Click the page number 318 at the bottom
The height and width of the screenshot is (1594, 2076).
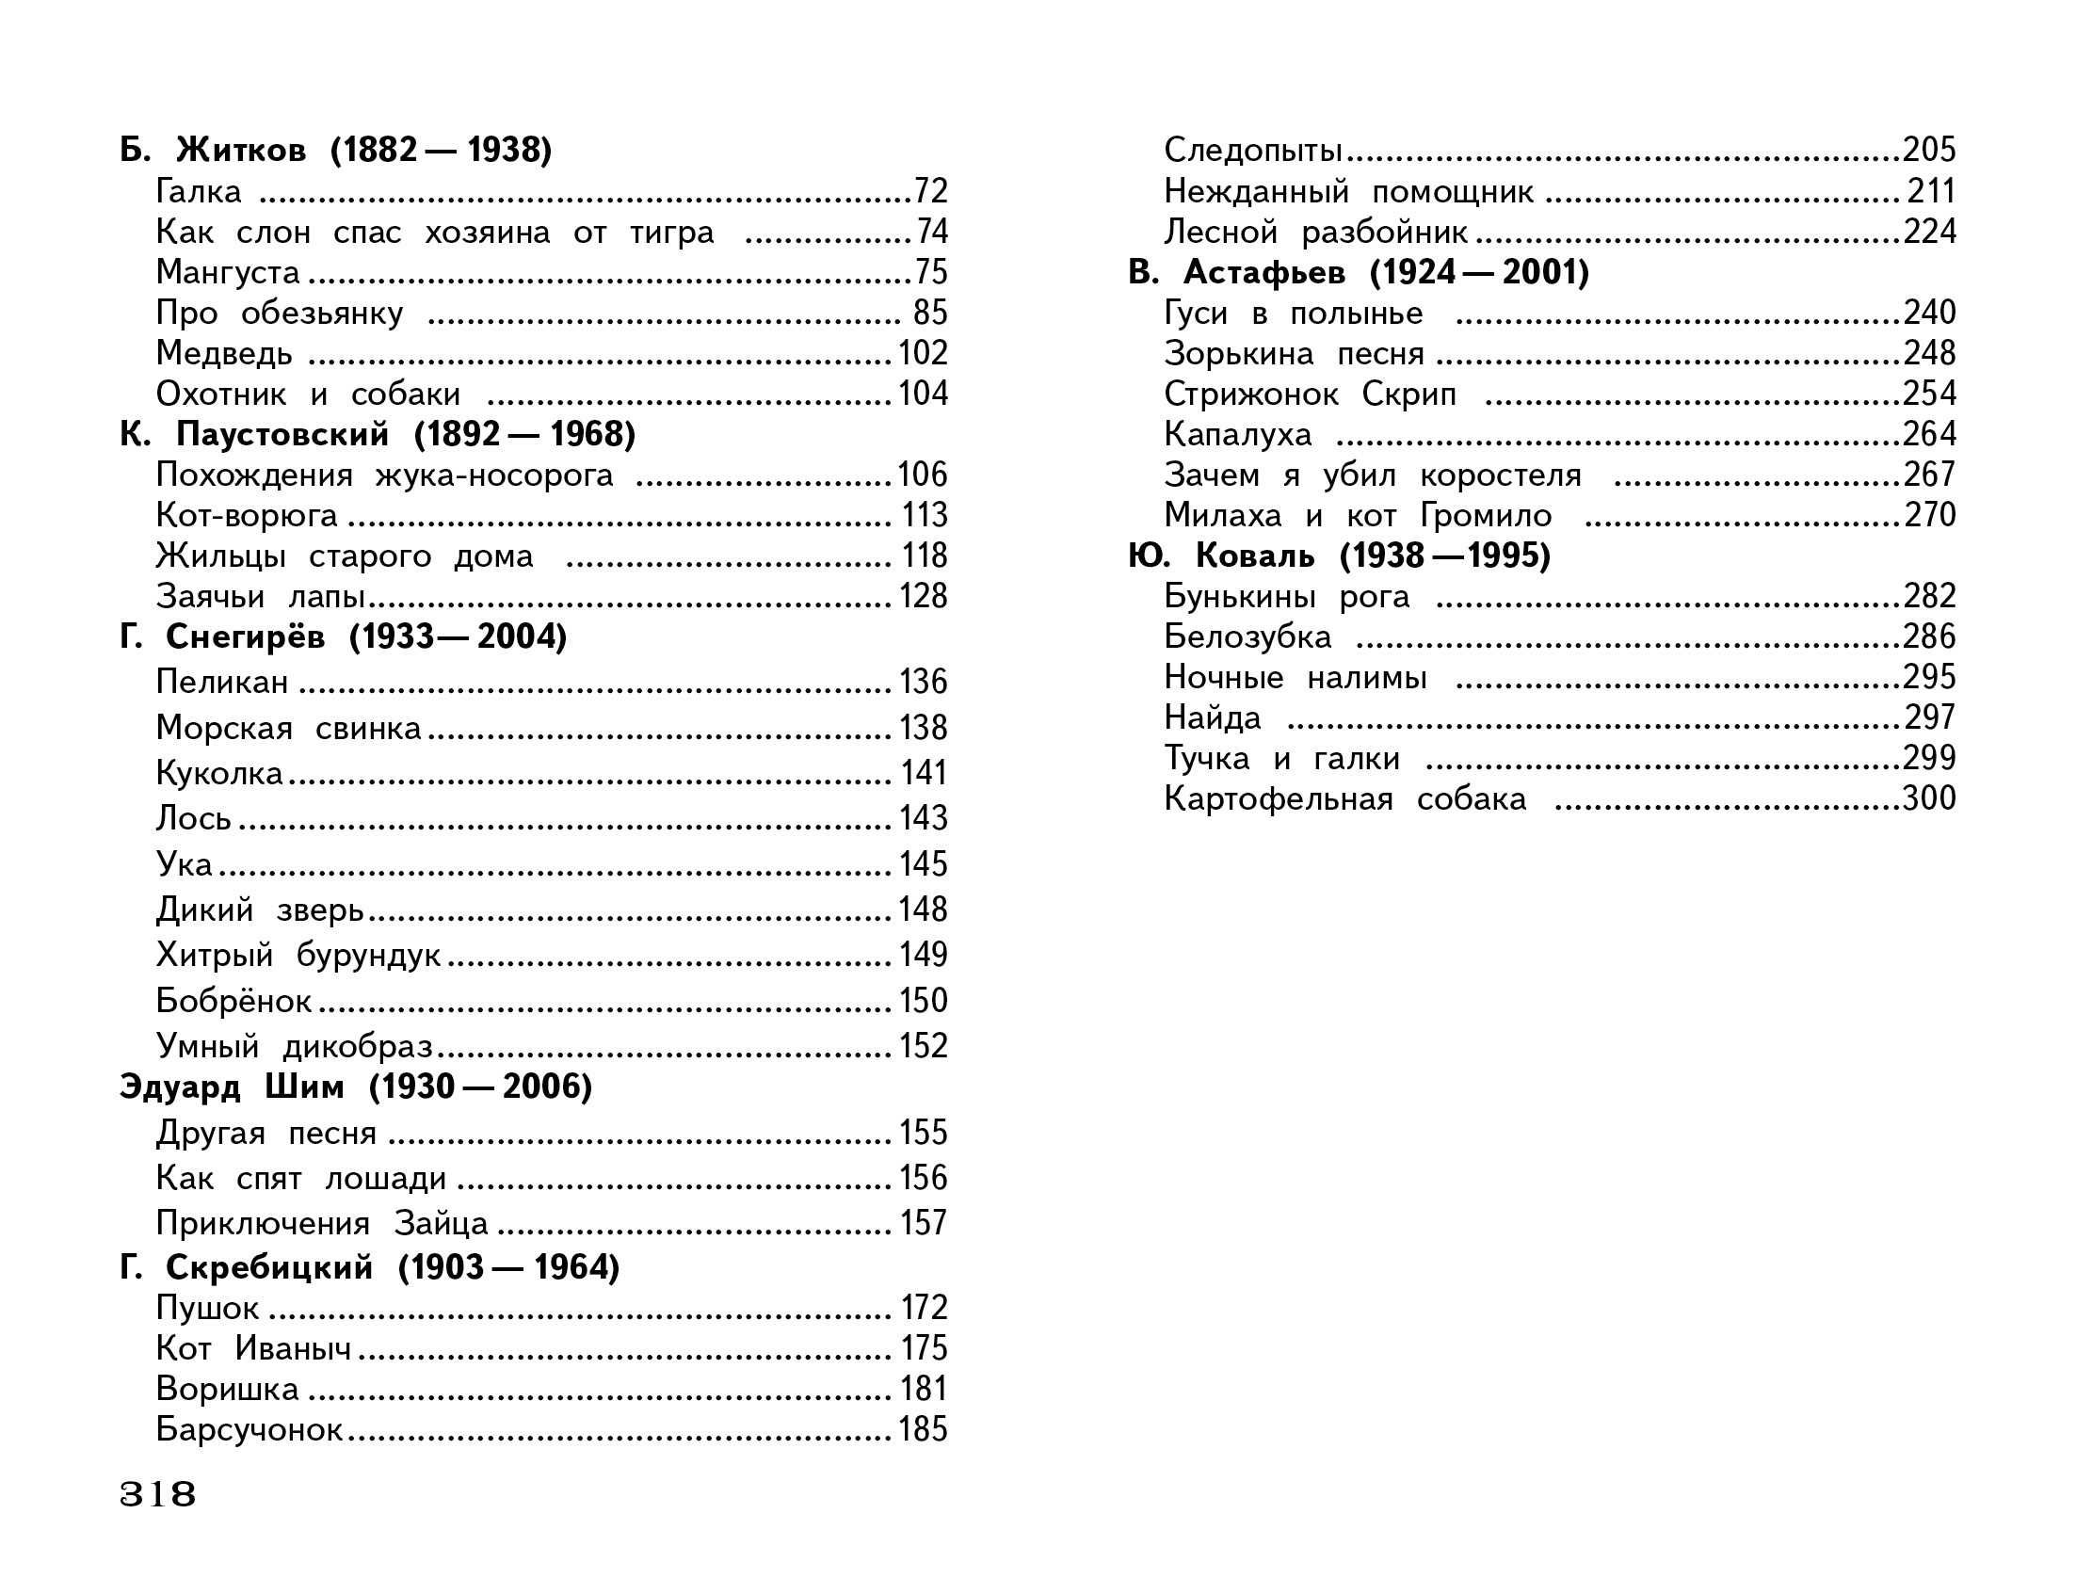[x=157, y=1494]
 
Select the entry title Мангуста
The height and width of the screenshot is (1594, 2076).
[x=228, y=272]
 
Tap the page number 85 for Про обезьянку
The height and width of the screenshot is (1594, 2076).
[x=930, y=314]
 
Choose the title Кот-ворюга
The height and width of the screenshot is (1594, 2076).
[x=247, y=515]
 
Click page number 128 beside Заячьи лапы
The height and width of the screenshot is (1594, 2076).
[x=924, y=596]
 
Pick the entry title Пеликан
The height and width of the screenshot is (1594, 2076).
[x=222, y=682]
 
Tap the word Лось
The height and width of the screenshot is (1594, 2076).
[x=194, y=818]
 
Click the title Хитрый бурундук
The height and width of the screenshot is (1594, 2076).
[x=298, y=955]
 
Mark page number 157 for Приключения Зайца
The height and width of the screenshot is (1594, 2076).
[x=924, y=1223]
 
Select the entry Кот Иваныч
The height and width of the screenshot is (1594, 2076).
[x=253, y=1348]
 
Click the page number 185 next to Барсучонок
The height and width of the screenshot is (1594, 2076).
[x=924, y=1429]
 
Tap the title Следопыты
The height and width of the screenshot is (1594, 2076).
[x=1252, y=150]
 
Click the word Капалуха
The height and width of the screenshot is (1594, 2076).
[x=1237, y=435]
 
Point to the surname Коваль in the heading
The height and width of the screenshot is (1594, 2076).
[x=1254, y=556]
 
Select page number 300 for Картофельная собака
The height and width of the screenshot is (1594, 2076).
[x=1929, y=799]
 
